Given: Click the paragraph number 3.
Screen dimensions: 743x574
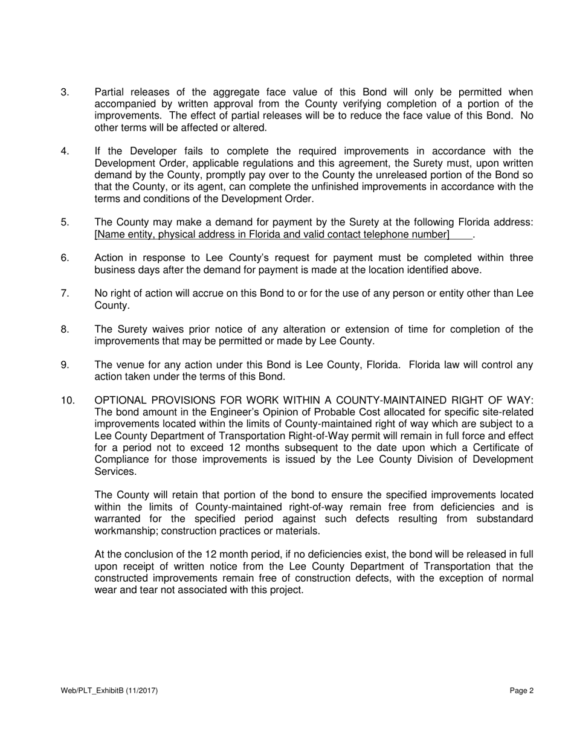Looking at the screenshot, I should point(65,92).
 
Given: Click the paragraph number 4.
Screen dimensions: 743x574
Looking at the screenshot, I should point(65,152).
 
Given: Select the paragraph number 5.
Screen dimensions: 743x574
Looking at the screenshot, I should point(65,222).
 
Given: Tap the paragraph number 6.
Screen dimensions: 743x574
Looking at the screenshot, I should point(65,258).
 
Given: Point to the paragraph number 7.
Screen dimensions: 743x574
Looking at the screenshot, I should point(65,294).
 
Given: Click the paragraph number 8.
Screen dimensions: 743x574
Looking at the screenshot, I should point(65,329).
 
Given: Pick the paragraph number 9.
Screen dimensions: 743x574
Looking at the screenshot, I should point(65,365).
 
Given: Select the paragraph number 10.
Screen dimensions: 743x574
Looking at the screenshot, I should point(68,400).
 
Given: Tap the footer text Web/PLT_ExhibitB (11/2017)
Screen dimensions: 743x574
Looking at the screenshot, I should point(109,691).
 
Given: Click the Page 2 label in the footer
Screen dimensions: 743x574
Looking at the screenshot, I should point(521,691).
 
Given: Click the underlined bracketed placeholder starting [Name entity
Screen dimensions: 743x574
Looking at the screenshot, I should point(272,234).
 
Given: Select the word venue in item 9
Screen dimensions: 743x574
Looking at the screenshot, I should point(131,365).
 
